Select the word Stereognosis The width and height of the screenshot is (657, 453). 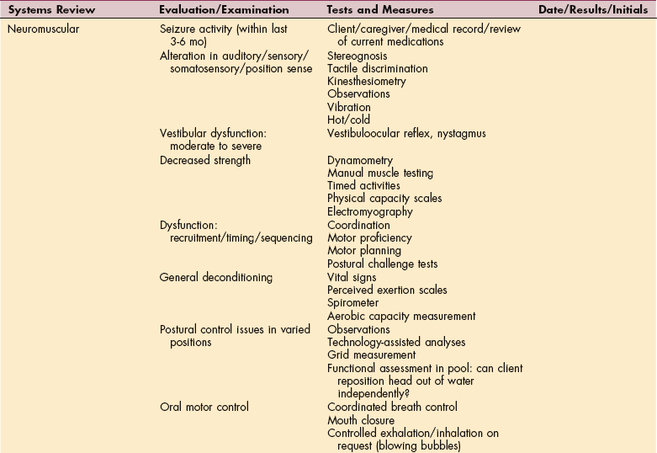[357, 56]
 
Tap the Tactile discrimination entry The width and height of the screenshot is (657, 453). [377, 69]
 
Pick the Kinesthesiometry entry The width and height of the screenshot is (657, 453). [367, 82]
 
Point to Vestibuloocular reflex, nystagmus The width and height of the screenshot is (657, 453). [406, 134]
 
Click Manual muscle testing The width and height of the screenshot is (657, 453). [380, 173]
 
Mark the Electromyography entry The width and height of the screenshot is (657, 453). [370, 212]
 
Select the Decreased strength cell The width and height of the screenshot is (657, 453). [205, 160]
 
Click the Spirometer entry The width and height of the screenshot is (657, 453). [353, 303]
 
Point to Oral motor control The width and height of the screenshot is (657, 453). [204, 408]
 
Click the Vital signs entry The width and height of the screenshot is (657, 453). [352, 277]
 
